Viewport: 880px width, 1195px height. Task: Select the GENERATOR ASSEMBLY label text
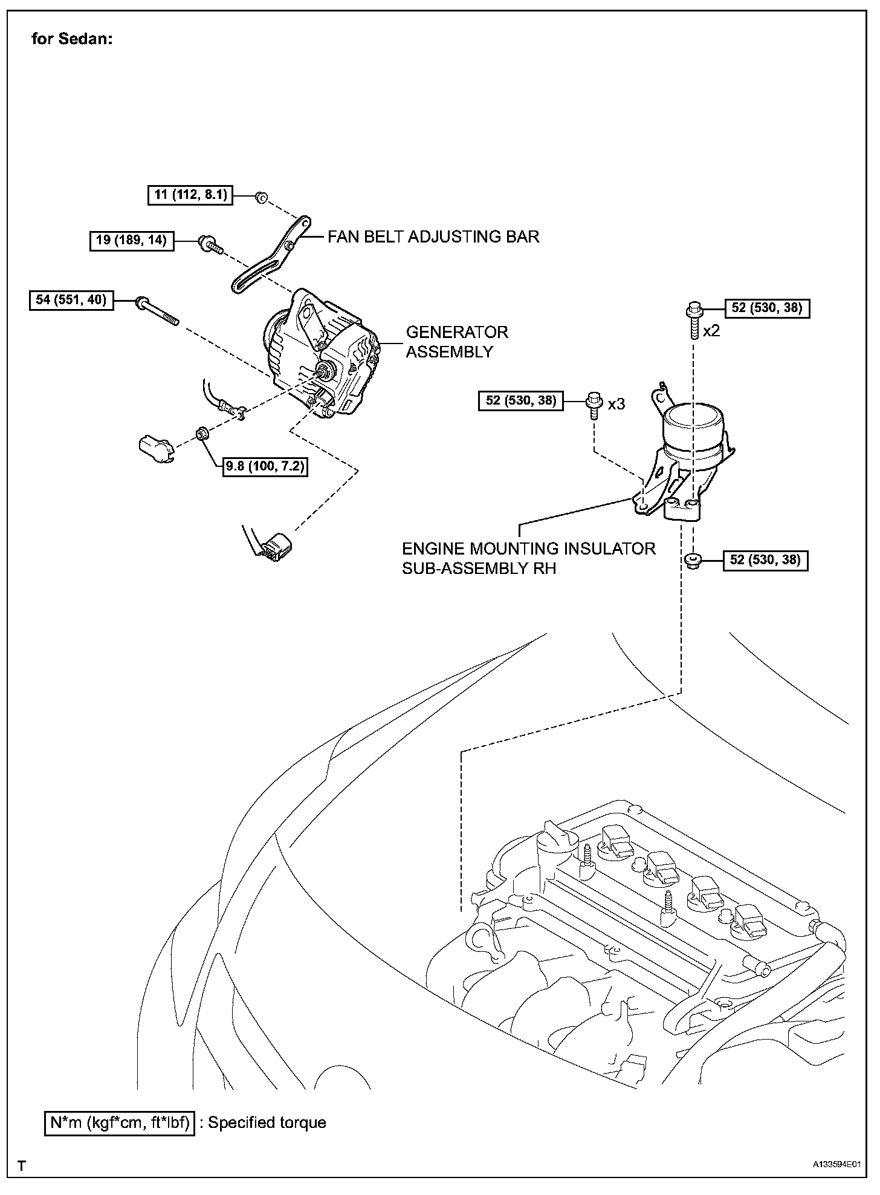tap(456, 342)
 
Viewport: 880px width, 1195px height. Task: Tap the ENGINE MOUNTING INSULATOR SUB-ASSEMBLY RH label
tap(528, 558)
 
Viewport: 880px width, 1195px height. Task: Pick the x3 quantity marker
tap(616, 404)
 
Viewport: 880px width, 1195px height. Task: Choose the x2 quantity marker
tap(711, 331)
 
